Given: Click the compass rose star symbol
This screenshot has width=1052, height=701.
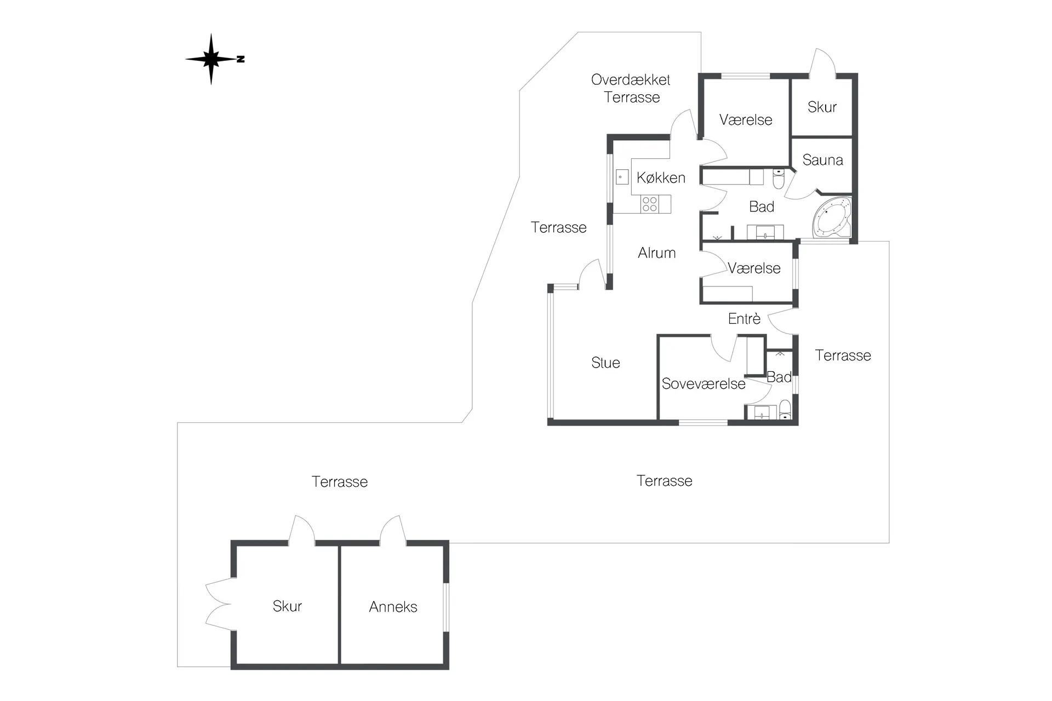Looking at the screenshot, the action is click(x=211, y=59).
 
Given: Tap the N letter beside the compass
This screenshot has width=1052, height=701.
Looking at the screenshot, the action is click(x=241, y=59).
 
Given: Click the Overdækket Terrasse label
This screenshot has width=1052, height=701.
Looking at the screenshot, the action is click(x=631, y=88).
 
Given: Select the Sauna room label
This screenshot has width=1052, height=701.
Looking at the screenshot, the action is click(x=822, y=160).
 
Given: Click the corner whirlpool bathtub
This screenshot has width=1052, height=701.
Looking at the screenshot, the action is click(x=832, y=218).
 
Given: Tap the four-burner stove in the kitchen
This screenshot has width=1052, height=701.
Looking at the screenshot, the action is click(x=650, y=204).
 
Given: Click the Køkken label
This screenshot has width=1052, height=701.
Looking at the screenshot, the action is click(x=661, y=177).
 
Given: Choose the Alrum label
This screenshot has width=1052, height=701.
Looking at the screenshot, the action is click(x=657, y=253).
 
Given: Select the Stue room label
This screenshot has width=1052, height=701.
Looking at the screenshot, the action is click(x=605, y=363).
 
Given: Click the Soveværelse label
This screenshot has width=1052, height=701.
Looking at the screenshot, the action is click(x=704, y=384).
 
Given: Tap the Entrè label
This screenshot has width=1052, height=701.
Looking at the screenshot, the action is click(x=744, y=318).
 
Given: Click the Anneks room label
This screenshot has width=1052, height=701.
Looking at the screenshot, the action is click(x=393, y=607).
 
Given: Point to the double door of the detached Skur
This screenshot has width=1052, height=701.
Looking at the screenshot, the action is click(x=219, y=604).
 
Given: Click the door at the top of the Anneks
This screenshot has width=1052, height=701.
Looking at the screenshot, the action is click(x=393, y=530).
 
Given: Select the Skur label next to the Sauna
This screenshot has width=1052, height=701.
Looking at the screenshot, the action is click(x=822, y=107).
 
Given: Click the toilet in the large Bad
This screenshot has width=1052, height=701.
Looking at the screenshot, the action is click(x=779, y=179).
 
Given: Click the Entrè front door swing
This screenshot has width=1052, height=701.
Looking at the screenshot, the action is click(x=782, y=321).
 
